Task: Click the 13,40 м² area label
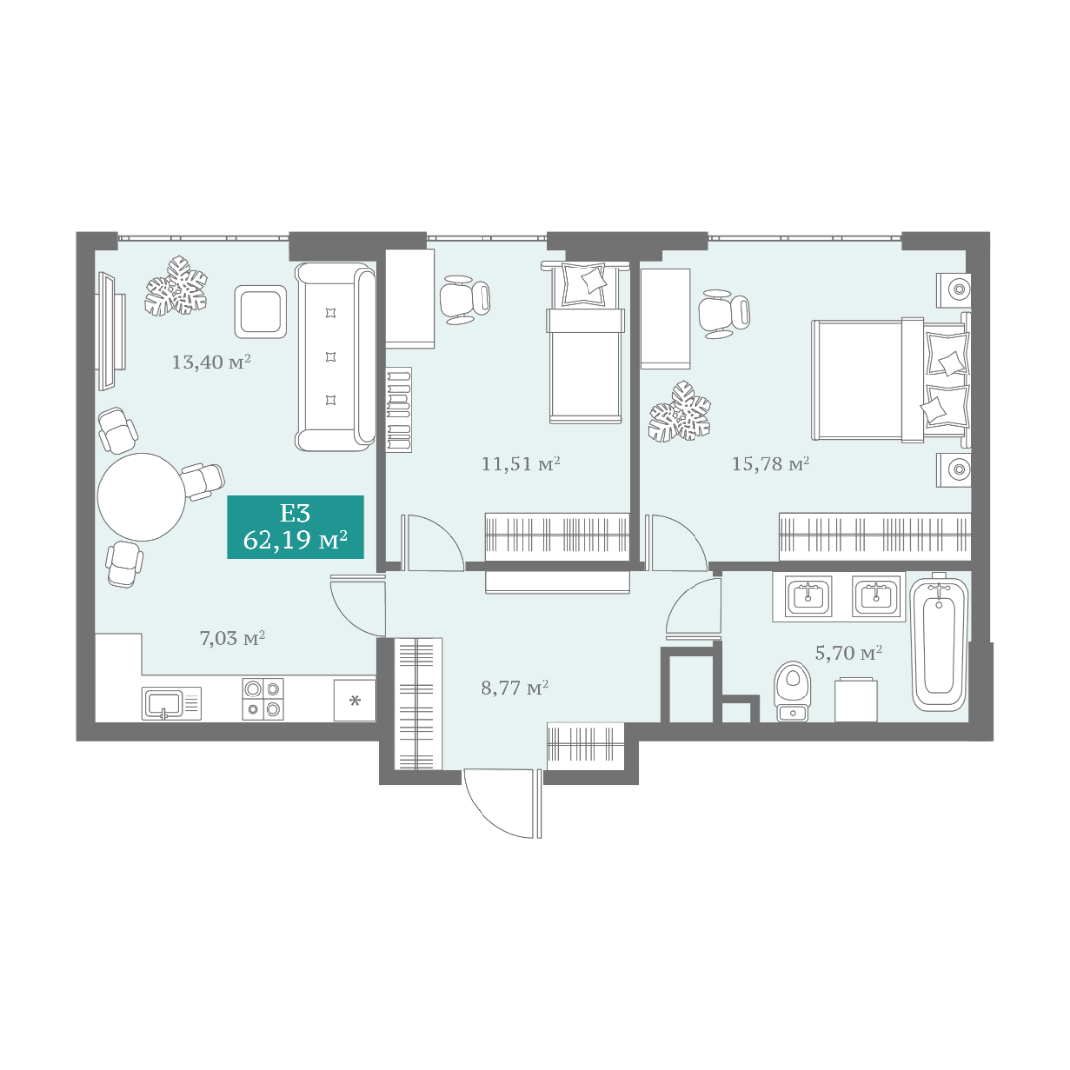(211, 361)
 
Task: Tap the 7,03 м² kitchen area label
(232, 638)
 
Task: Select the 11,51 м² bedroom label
(521, 464)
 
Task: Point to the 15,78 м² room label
(771, 464)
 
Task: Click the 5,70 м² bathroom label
(849, 653)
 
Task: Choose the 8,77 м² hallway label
(515, 688)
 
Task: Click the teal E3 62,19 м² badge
(295, 527)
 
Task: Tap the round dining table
(142, 496)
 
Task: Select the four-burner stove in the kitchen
(263, 698)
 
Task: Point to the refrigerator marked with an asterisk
(354, 700)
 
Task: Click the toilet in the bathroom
(792, 691)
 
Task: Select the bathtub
(939, 643)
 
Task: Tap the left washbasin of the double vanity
(808, 595)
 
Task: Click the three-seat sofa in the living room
(335, 357)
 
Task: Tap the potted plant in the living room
(175, 286)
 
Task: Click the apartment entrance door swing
(498, 805)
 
